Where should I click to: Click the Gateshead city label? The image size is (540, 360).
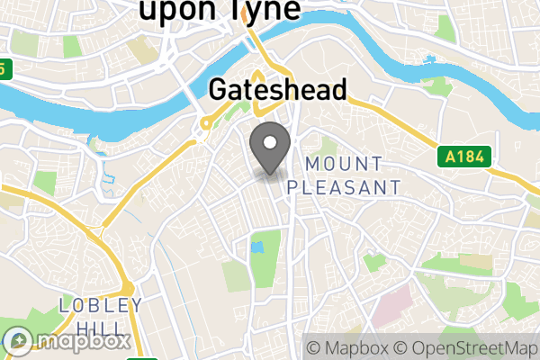(278, 91)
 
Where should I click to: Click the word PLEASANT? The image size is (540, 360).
(344, 187)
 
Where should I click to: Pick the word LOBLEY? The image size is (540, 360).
(100, 306)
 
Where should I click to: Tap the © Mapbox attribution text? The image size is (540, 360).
(347, 347)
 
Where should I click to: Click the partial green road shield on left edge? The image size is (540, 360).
(4, 68)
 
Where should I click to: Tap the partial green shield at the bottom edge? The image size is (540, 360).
(137, 357)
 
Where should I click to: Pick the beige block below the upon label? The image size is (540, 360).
(140, 48)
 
